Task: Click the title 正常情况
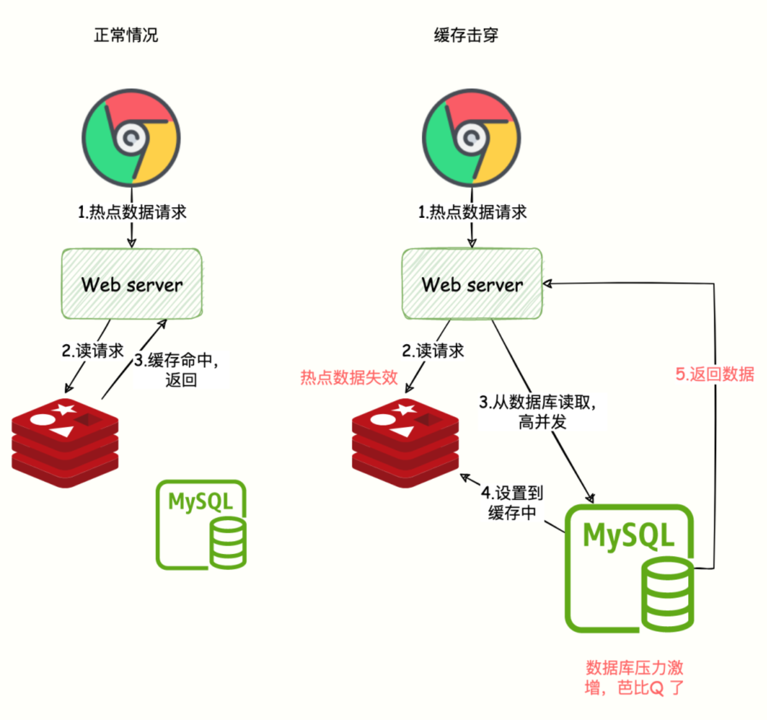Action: pyautogui.click(x=126, y=35)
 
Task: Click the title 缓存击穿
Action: pyautogui.click(x=466, y=35)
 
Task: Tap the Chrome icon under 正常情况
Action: pyautogui.click(x=131, y=138)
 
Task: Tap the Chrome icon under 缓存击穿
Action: pyautogui.click(x=471, y=138)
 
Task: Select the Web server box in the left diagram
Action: pyautogui.click(x=131, y=284)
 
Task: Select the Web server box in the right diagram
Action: pyautogui.click(x=472, y=284)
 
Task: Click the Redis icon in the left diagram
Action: pyautogui.click(x=65, y=442)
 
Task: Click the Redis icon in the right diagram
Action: pyautogui.click(x=405, y=442)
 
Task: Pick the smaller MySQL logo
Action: pyautogui.click(x=201, y=524)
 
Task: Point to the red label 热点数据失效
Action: pyautogui.click(x=349, y=377)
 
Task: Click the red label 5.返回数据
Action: pyautogui.click(x=714, y=374)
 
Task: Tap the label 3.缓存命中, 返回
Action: pyautogui.click(x=177, y=370)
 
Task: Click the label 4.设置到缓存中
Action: pyautogui.click(x=512, y=503)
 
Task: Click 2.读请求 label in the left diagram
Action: pyautogui.click(x=92, y=350)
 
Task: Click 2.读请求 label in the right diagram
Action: pyautogui.click(x=433, y=350)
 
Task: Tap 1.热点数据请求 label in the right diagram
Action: pyautogui.click(x=472, y=212)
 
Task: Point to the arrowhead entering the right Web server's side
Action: pyautogui.click(x=547, y=284)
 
